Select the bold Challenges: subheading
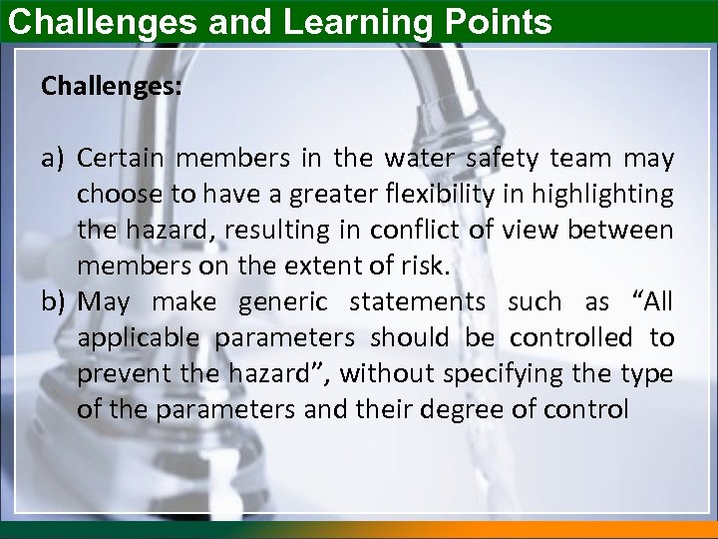coord(111,87)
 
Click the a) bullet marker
coord(54,159)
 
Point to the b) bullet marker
coord(54,301)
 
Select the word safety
coord(494,159)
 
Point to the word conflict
coord(413,231)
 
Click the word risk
coord(426,267)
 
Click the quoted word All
coord(654,301)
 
